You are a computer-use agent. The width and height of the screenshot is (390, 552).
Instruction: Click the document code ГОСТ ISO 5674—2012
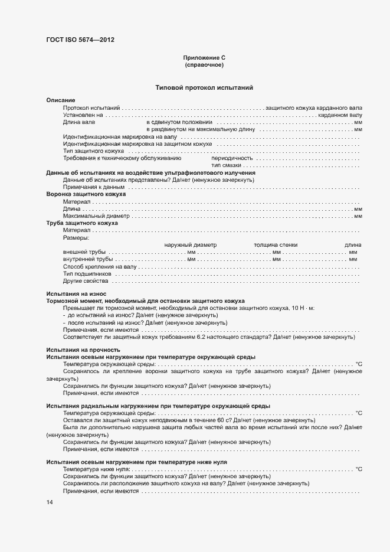point(80,40)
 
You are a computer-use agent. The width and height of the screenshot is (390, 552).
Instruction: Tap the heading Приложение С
point(204,58)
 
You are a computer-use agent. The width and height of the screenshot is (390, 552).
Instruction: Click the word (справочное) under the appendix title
point(204,65)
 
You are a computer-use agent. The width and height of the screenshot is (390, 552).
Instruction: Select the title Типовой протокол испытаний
point(204,87)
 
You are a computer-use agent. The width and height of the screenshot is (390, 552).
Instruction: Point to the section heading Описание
point(61,101)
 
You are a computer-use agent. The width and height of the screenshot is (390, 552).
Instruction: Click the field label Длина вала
point(79,122)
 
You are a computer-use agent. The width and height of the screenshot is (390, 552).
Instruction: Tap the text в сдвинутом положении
point(179,122)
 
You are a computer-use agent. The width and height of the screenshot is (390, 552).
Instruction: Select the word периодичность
point(232,158)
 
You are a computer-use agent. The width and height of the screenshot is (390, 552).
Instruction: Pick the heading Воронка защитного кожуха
point(86,194)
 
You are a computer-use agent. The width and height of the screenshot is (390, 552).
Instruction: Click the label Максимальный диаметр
point(96,215)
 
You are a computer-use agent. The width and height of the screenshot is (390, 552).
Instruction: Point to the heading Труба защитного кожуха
point(82,223)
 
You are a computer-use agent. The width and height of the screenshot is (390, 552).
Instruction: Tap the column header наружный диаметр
point(191,244)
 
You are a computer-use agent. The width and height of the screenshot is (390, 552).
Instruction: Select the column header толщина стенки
point(276,244)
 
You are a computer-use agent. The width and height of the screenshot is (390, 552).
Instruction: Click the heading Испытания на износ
point(76,293)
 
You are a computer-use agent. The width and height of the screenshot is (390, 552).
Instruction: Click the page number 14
point(50,502)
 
